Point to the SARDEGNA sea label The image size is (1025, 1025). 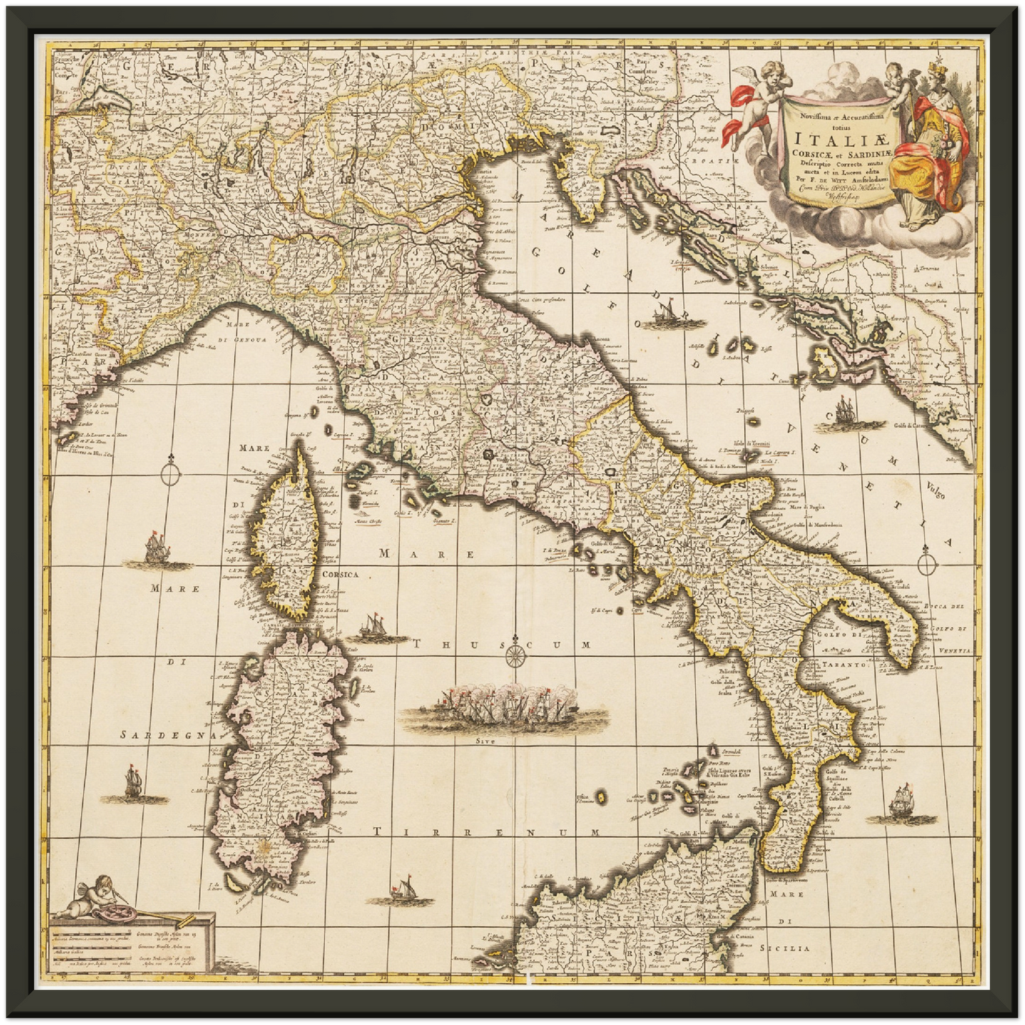coord(167,735)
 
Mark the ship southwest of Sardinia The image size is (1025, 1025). coord(133,783)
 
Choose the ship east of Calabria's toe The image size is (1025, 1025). coord(902,799)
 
